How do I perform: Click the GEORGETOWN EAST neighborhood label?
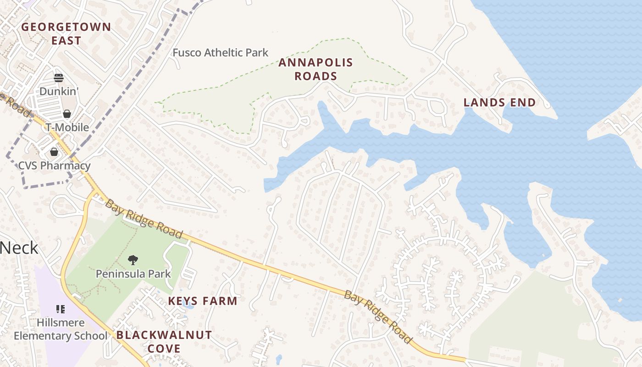66,33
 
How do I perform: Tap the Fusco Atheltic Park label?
220,53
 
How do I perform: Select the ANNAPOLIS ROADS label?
315,69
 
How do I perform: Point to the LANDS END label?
499,102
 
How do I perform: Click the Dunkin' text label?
59,91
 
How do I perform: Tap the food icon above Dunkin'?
58,78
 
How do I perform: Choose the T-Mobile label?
67,127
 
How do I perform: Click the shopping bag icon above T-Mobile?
67,114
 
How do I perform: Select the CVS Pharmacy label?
54,166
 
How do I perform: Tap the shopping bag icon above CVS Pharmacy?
54,152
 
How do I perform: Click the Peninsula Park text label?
133,274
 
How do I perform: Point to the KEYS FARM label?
203,301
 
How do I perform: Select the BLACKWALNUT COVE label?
164,341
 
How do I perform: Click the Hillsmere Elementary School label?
61,329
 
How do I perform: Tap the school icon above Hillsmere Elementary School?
61,309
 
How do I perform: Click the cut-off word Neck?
19,248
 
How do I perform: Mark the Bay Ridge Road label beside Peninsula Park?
144,219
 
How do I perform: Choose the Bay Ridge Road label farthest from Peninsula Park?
377,317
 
